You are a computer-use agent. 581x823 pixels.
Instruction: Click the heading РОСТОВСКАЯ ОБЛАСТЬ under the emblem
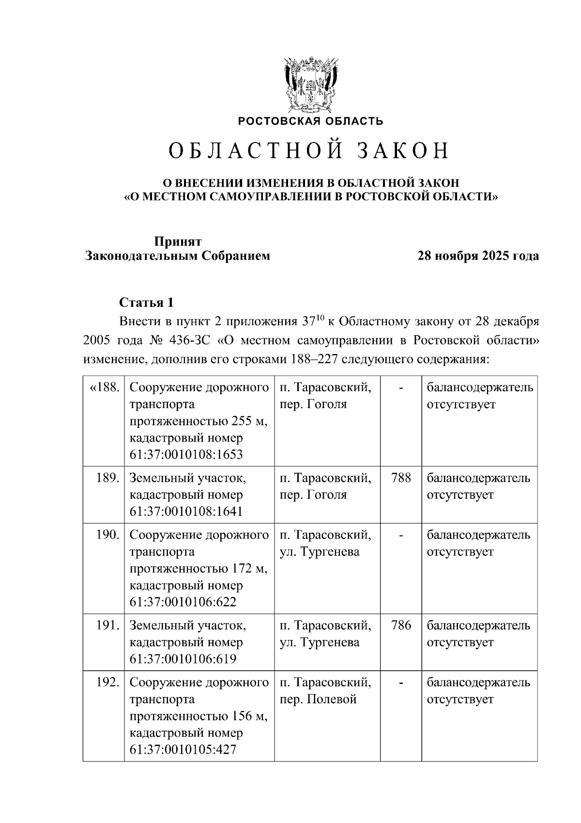(310, 121)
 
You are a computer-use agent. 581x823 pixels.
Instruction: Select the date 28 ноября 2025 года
(478, 256)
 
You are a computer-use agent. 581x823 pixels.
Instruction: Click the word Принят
(178, 241)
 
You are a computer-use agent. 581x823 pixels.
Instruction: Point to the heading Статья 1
(146, 303)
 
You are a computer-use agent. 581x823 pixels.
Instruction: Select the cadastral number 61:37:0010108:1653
(186, 455)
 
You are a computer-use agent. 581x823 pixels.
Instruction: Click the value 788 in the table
(401, 478)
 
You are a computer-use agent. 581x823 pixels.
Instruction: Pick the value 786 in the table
(401, 626)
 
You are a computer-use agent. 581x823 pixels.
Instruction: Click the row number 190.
(107, 535)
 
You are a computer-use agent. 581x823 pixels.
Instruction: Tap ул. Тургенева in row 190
(320, 552)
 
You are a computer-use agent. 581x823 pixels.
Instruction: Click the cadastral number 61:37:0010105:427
(183, 750)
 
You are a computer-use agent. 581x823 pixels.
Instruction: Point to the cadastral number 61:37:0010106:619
(183, 659)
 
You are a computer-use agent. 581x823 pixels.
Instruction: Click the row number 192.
(107, 682)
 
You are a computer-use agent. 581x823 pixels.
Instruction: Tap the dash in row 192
(401, 683)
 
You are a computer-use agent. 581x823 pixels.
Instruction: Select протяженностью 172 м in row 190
(199, 569)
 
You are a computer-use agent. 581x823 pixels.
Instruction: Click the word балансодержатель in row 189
(478, 478)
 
